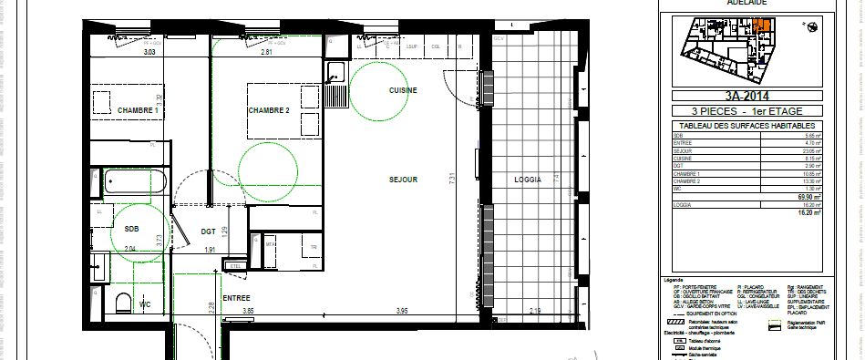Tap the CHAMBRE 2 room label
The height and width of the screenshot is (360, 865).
[268, 110]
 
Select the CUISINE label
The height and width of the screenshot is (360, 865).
[403, 90]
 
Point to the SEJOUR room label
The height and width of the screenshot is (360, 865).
[402, 180]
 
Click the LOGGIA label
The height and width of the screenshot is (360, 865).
[527, 180]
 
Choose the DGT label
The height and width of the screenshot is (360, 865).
[208, 231]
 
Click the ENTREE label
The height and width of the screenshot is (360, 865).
[236, 298]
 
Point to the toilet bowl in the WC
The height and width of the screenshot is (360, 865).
[125, 303]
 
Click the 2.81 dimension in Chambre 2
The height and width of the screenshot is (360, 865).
[266, 52]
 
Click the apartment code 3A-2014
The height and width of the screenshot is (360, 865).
[746, 94]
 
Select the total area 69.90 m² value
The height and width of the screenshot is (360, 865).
[806, 196]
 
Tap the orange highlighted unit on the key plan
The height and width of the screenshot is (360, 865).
[763, 26]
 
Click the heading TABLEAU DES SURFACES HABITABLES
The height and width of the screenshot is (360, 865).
[746, 126]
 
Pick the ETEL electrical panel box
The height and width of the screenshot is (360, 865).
[236, 265]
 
